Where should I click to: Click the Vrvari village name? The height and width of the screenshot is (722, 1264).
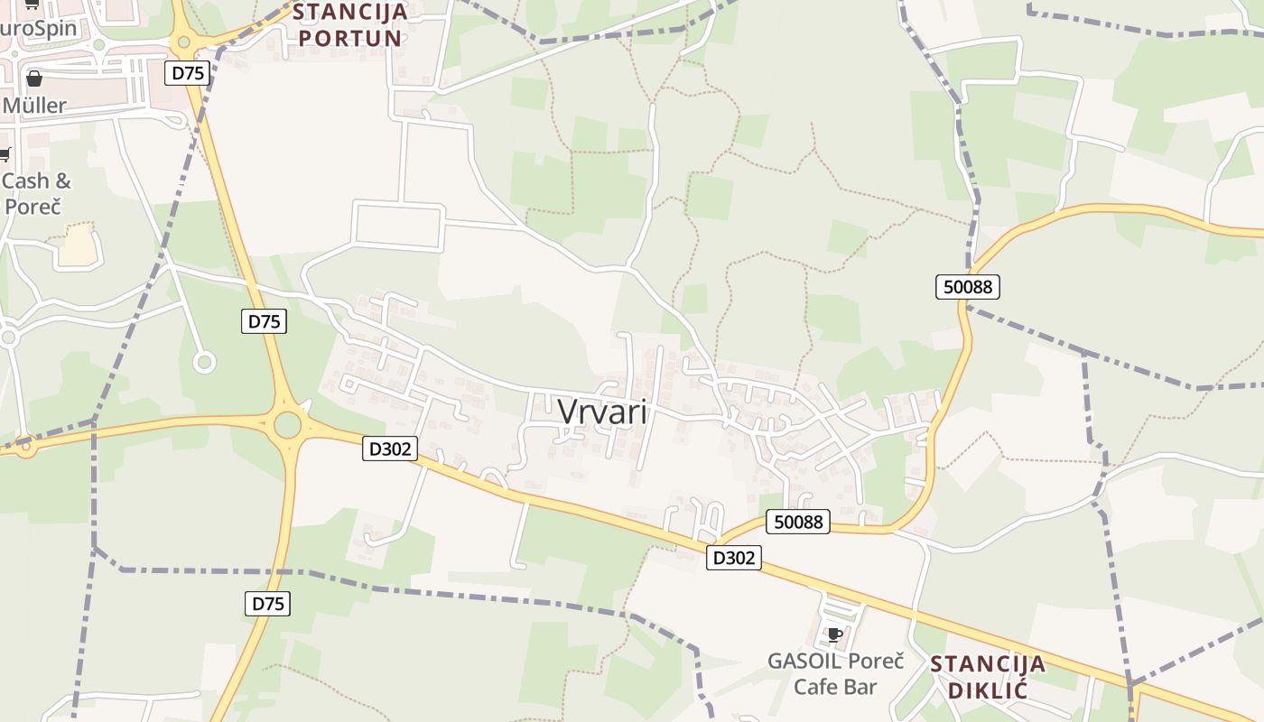click(x=602, y=412)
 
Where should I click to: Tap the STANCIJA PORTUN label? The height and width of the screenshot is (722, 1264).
click(x=349, y=25)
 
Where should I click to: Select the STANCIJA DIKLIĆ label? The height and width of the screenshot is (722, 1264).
click(x=987, y=677)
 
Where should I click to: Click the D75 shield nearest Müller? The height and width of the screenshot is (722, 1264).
click(x=187, y=73)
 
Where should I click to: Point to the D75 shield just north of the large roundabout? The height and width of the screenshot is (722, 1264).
click(x=264, y=320)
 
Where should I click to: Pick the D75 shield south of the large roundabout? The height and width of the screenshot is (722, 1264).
click(x=267, y=604)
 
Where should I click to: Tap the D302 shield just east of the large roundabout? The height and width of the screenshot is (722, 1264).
click(x=390, y=448)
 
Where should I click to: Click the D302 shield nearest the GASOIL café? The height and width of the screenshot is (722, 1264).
click(x=733, y=558)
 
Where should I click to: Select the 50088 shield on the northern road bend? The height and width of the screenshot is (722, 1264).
click(x=967, y=287)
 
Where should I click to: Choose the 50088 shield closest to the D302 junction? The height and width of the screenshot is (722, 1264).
click(x=798, y=521)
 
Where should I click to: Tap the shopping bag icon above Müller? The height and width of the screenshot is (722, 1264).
click(x=34, y=79)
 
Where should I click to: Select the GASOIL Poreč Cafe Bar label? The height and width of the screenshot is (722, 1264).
click(x=835, y=673)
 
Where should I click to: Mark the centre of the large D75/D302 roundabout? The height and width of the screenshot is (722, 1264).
click(x=288, y=424)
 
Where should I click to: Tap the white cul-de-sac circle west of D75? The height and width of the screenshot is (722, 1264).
click(x=204, y=363)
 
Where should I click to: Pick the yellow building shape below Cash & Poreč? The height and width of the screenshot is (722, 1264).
click(x=78, y=245)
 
